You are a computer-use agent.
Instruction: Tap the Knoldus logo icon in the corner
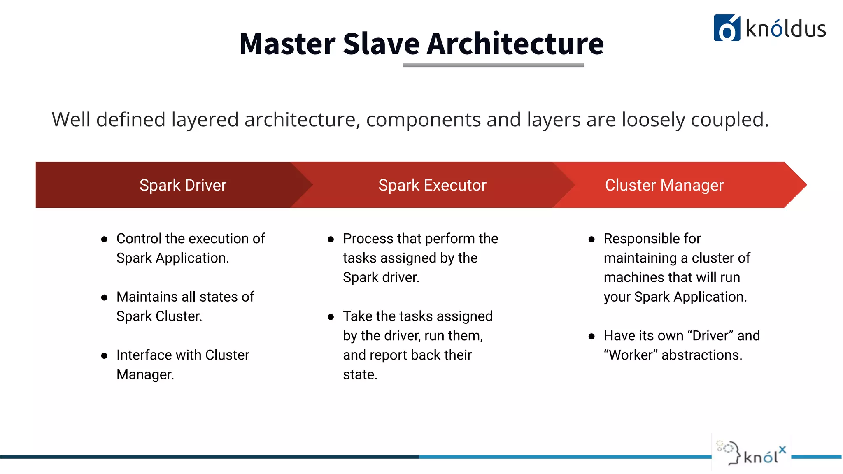[x=727, y=28]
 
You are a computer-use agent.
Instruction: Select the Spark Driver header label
[x=183, y=185]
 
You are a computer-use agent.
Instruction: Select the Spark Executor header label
[x=432, y=185]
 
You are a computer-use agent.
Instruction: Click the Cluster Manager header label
[x=664, y=185]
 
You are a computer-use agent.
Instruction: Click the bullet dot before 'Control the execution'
[x=104, y=239]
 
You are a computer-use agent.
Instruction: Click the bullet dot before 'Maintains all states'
[x=104, y=297]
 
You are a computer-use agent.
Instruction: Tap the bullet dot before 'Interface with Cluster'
[x=104, y=356]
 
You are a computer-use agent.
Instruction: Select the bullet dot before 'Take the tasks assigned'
[x=331, y=317]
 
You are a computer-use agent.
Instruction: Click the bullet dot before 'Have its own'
[x=591, y=336]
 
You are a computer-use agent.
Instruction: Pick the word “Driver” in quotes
[x=710, y=336]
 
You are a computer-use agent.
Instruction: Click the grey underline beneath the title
[x=493, y=65]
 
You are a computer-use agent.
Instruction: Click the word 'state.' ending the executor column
[x=360, y=375]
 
